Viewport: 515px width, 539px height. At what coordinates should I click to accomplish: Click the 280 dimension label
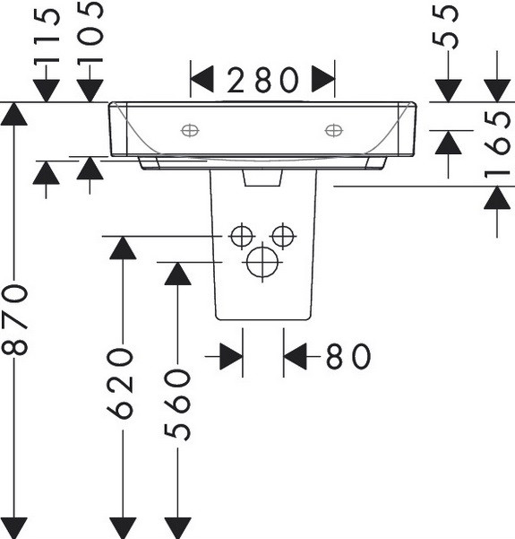click(262, 80)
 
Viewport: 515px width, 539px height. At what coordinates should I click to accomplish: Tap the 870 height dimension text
click(14, 319)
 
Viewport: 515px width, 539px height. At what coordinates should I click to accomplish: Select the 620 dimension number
click(119, 383)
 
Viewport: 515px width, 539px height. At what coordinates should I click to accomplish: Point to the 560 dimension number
click(177, 404)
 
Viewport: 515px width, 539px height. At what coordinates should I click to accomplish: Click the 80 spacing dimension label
click(348, 356)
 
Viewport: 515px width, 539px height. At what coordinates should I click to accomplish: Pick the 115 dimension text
click(47, 37)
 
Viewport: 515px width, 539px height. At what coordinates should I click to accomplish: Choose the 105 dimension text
click(90, 32)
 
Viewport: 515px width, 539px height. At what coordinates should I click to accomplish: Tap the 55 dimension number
click(445, 28)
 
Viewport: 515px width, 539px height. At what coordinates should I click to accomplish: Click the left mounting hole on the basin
click(190, 131)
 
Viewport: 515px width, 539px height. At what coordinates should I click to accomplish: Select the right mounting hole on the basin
click(334, 131)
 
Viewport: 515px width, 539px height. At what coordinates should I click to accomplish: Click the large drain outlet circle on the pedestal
click(262, 262)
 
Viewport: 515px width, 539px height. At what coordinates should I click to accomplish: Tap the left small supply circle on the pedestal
click(242, 236)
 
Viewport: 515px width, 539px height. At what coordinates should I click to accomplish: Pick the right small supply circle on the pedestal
click(283, 236)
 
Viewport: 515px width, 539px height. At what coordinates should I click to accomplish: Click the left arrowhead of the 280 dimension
click(202, 79)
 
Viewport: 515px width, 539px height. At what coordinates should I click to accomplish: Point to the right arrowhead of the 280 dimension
click(323, 79)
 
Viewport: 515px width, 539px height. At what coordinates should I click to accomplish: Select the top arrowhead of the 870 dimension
click(14, 114)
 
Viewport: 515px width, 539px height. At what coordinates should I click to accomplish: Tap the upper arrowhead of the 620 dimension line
click(123, 248)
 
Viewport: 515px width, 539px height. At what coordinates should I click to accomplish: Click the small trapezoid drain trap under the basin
click(262, 178)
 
